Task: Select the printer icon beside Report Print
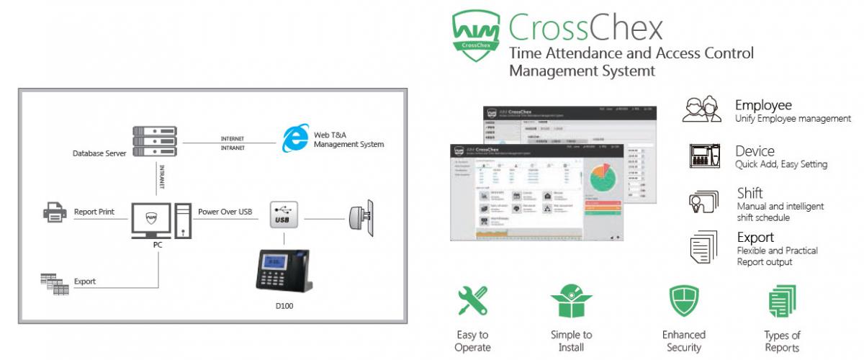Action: click(x=55, y=213)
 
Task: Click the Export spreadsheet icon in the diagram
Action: click(x=55, y=282)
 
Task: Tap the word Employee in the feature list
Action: click(x=762, y=106)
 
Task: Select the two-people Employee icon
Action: click(x=701, y=110)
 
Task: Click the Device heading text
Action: click(x=755, y=151)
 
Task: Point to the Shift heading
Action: click(x=750, y=193)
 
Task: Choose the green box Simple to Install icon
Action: click(x=571, y=301)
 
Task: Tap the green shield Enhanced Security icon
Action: click(x=683, y=301)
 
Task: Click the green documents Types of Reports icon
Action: click(x=782, y=302)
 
